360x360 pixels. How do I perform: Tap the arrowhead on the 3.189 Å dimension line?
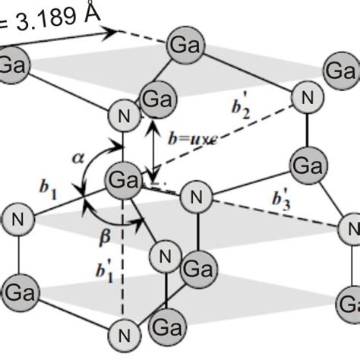pos(114,32)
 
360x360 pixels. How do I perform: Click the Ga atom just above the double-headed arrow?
pos(156,99)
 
